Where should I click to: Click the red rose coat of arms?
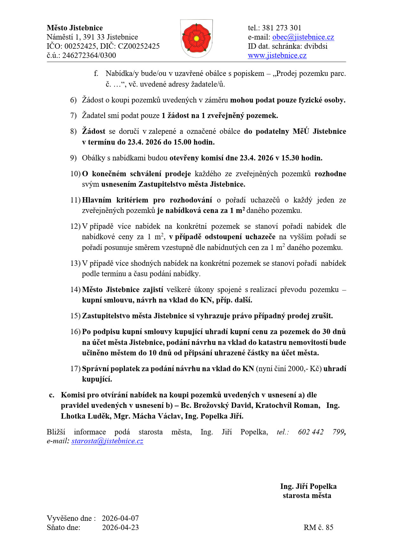196,38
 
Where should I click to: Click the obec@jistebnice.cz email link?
303,37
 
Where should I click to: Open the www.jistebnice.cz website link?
277,55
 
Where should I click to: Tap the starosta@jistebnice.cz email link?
107,441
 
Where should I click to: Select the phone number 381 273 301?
281,28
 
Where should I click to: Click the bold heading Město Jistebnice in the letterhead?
74,28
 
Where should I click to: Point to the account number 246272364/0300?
89,55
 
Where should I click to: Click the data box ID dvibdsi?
316,46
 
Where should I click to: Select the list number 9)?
73,158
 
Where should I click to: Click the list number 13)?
75,263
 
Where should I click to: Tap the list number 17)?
75,369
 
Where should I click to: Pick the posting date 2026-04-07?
120,518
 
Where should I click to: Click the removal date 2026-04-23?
120,527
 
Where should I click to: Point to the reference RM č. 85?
318,527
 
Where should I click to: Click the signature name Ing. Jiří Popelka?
308,486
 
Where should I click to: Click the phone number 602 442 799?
321,432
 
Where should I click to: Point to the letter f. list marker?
96,73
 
